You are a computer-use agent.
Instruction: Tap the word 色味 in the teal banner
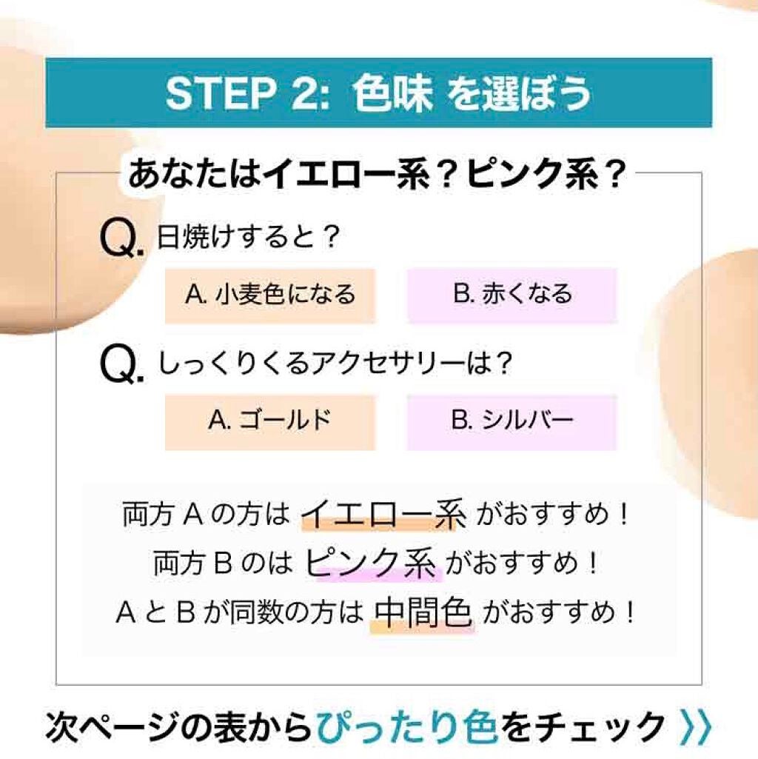(x=392, y=93)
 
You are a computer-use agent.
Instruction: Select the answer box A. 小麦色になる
(x=270, y=295)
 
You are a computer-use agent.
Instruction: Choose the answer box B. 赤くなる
(x=512, y=295)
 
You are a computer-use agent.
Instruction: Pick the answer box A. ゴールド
(x=270, y=423)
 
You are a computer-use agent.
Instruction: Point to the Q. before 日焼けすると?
(x=121, y=239)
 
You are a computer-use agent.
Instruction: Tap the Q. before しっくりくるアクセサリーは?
(x=121, y=366)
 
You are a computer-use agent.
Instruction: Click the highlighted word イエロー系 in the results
(x=383, y=515)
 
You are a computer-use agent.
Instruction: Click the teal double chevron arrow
(x=696, y=726)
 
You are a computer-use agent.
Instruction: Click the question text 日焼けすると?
(x=248, y=237)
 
